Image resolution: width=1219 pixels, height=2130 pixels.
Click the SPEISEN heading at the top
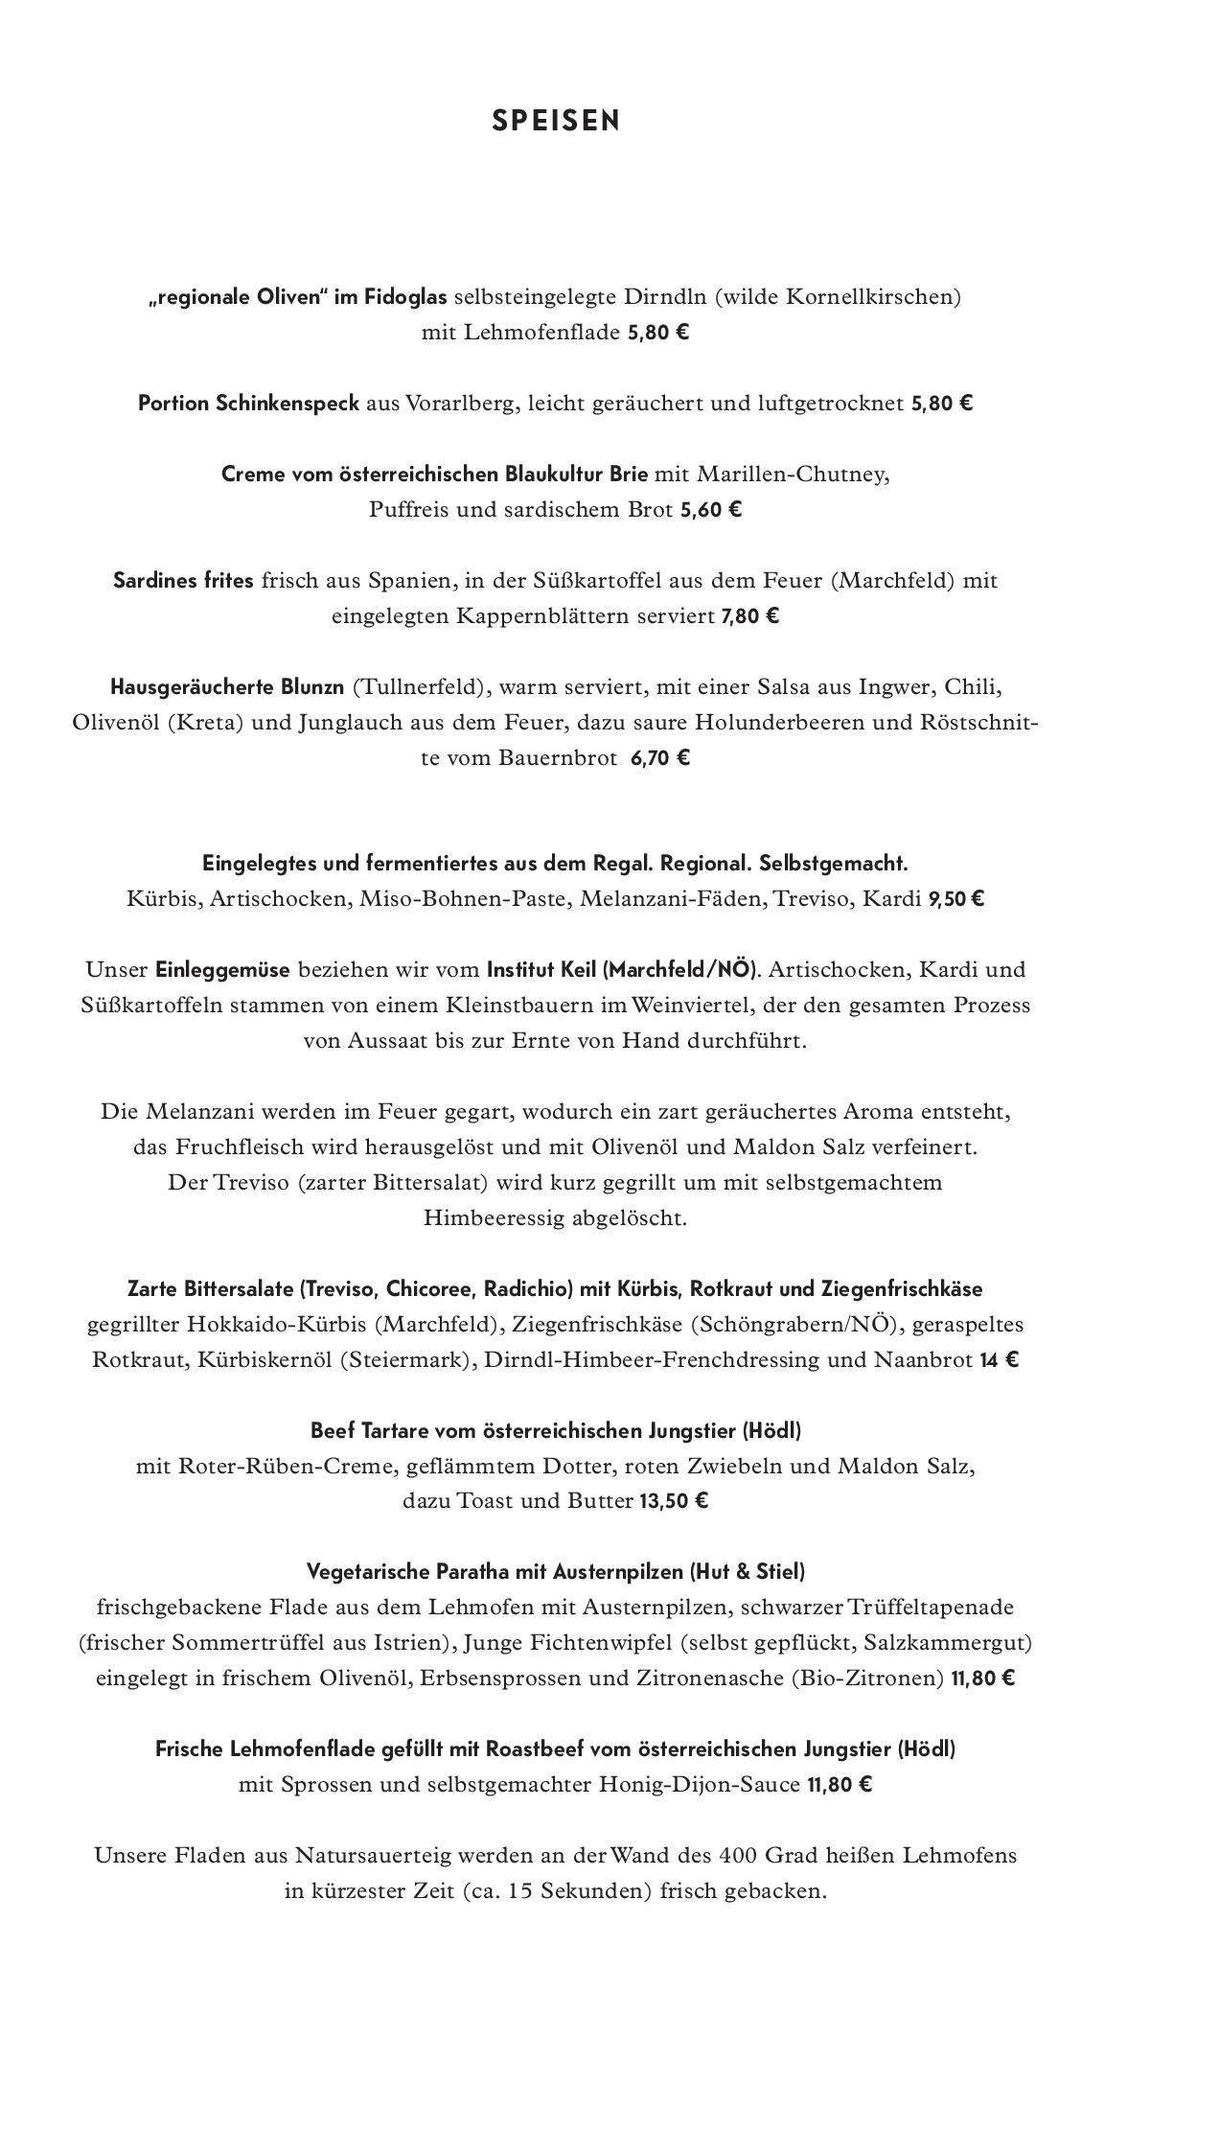tap(556, 121)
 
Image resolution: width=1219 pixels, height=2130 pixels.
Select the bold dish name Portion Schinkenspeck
tap(248, 404)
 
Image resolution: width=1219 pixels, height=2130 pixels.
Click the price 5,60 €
tap(710, 510)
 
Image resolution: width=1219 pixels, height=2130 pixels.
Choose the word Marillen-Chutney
tap(793, 475)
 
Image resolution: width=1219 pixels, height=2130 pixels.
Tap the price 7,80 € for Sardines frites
tap(749, 616)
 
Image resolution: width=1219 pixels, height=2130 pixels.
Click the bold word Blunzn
tap(312, 687)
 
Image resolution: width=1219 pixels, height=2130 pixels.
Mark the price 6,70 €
tap(660, 758)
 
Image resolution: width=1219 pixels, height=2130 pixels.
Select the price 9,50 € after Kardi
tap(955, 900)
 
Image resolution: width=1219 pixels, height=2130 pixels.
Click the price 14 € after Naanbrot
tap(999, 1360)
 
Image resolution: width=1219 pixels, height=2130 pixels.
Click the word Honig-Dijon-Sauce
tap(699, 1785)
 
